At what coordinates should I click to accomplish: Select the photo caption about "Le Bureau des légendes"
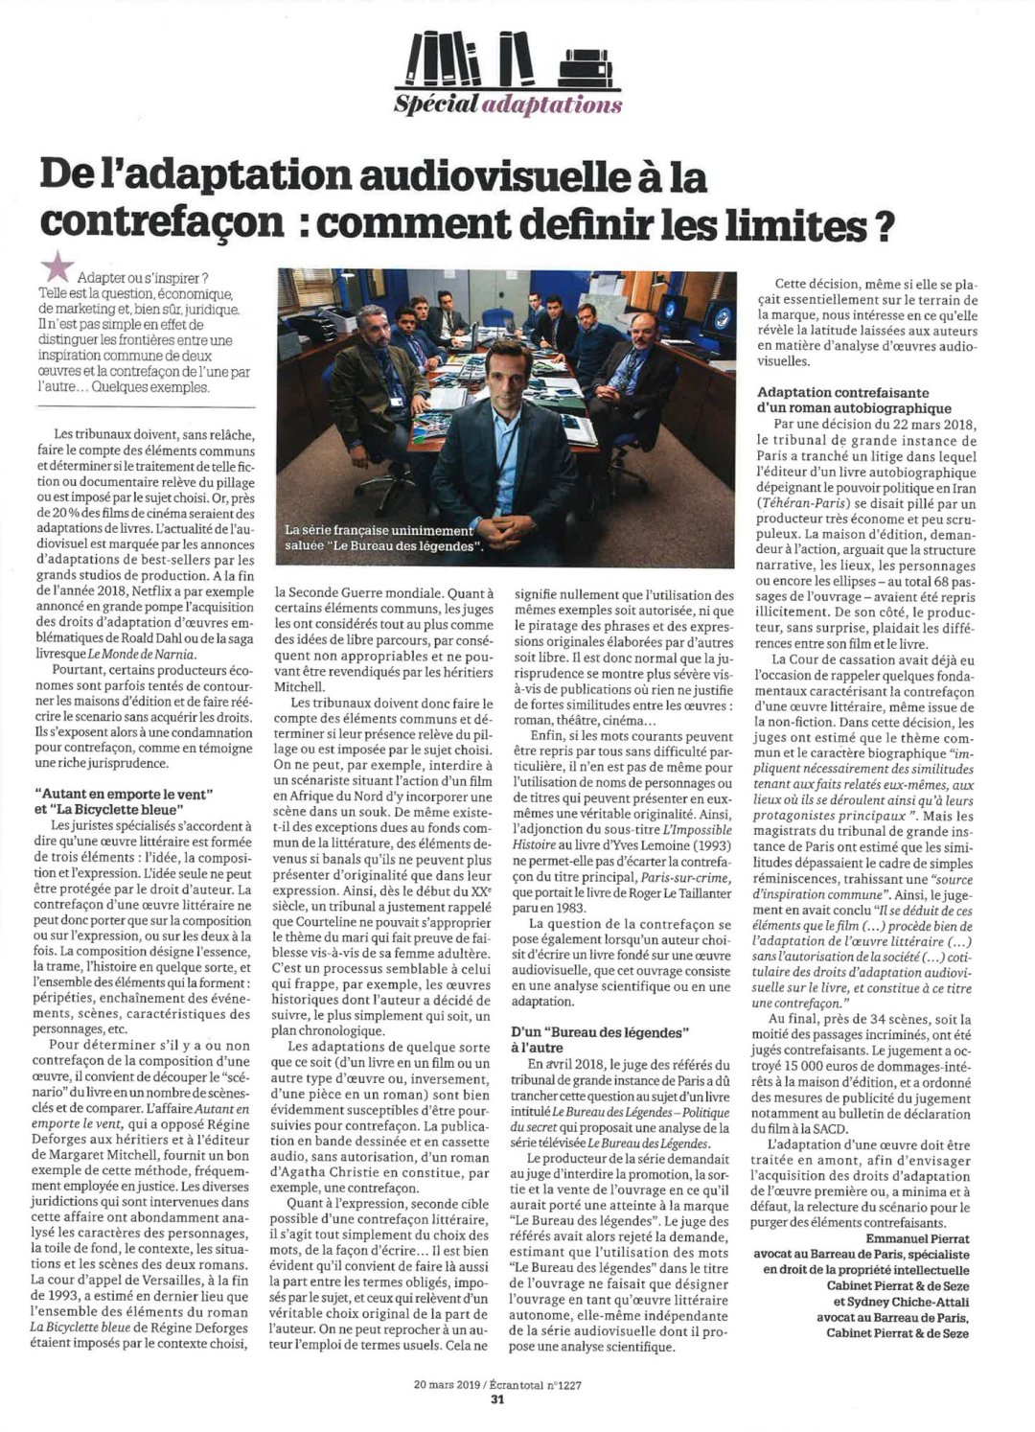point(383,538)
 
